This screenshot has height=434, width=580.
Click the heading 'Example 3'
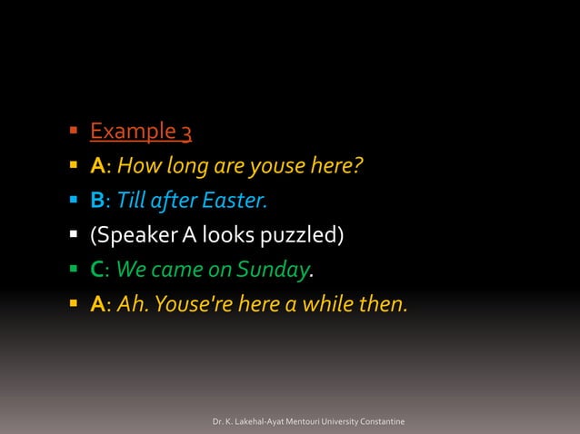point(140,133)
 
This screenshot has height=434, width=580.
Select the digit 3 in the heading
point(185,133)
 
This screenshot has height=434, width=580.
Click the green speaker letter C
point(96,270)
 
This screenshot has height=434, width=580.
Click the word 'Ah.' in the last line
point(133,303)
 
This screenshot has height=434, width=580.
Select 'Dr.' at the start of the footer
point(217,422)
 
